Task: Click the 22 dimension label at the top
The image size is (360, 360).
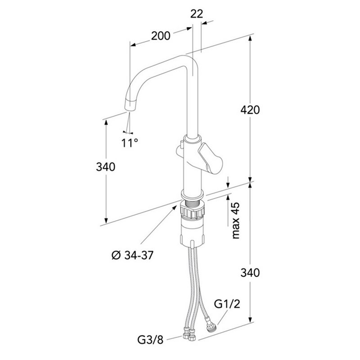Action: tap(197, 14)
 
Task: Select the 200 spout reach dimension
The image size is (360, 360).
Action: tap(161, 36)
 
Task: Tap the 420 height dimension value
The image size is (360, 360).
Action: tap(250, 110)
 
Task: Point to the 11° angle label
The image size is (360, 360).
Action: tap(130, 143)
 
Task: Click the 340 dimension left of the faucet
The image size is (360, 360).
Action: tap(106, 167)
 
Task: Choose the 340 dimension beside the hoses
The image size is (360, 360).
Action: tap(250, 273)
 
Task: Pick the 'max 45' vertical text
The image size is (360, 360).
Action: tap(235, 220)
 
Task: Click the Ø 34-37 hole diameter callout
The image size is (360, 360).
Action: tap(132, 255)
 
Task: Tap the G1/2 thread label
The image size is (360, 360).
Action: tap(227, 304)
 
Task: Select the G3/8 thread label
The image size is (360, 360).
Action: tap(150, 340)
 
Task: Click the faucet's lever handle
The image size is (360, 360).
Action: tap(211, 158)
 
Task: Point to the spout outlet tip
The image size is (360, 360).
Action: tap(130, 106)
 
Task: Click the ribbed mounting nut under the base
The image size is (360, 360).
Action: tap(193, 211)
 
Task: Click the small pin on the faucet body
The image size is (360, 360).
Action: tap(182, 145)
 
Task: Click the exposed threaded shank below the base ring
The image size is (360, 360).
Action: tap(193, 203)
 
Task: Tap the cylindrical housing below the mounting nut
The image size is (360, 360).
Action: tap(193, 231)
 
